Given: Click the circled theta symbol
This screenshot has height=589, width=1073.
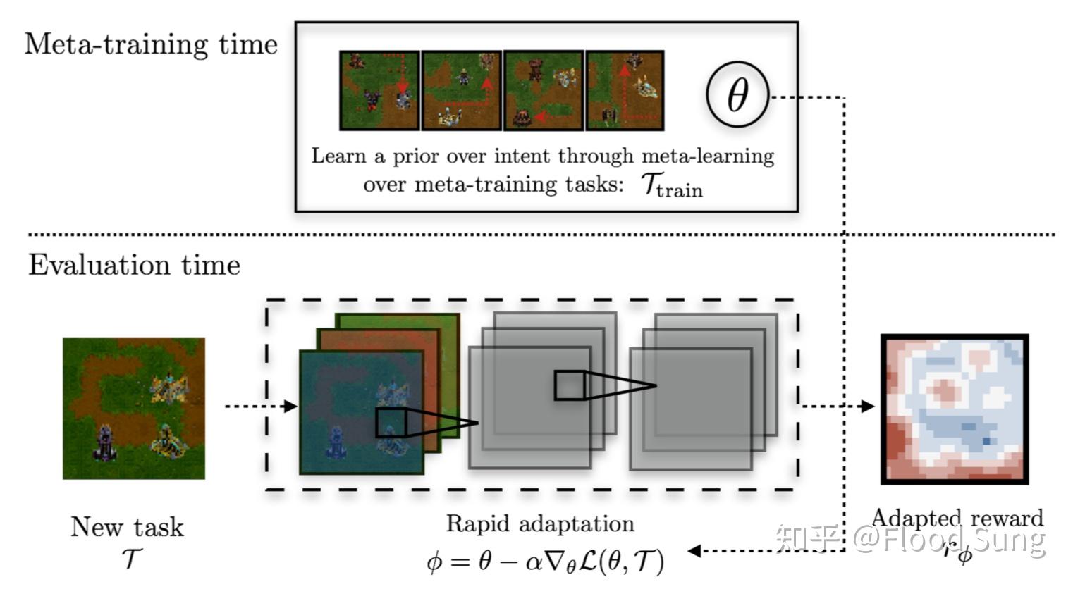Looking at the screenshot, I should pos(737,95).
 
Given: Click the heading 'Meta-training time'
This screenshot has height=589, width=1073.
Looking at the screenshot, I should pos(151,44).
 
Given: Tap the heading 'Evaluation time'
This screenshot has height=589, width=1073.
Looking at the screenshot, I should pos(134,265).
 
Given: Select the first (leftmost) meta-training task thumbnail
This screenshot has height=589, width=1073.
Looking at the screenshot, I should pos(379,90).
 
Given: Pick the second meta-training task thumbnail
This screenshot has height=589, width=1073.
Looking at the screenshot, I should pos(462,90).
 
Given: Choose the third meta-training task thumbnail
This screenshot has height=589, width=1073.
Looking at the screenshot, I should pos(544,90).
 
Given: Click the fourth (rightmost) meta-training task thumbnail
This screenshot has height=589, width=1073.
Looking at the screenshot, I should pos(625,90).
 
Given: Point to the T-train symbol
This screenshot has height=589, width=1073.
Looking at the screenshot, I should pos(671,185).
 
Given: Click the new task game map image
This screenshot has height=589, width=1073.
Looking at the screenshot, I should pos(134,409).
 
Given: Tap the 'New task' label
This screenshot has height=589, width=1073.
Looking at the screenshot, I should pos(127,527).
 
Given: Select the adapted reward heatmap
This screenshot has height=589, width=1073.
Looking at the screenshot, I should pos(955,409).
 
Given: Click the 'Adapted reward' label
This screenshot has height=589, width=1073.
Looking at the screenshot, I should pos(957,518).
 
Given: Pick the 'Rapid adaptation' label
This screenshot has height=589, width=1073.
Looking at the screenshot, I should pos(540,523).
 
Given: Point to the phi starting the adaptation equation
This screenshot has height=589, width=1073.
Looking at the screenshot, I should pos(436,562).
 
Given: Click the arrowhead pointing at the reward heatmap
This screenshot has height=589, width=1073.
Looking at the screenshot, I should pos(868,407).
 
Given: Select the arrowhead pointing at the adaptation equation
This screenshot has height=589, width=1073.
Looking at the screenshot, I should pos(694,551).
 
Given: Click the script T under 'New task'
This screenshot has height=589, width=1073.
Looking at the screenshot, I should pos(130,559).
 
